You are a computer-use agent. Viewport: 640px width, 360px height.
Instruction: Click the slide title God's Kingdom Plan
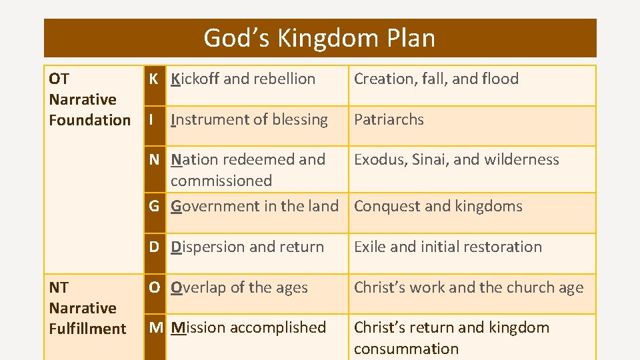(x=319, y=38)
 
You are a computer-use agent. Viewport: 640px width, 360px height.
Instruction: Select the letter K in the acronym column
(x=153, y=79)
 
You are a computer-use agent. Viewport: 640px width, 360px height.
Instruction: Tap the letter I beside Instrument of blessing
(x=152, y=119)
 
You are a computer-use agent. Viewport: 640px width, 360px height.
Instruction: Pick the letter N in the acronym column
(x=154, y=159)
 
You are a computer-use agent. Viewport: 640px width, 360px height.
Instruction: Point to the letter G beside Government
(x=154, y=206)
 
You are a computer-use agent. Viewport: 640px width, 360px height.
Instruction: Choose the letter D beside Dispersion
(x=154, y=247)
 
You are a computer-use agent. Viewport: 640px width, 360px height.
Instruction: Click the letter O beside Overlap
(x=154, y=287)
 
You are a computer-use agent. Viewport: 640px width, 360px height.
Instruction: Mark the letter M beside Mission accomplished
(x=155, y=327)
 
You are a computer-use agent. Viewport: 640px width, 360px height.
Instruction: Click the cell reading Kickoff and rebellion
(x=243, y=79)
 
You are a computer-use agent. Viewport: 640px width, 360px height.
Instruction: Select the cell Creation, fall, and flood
(x=436, y=79)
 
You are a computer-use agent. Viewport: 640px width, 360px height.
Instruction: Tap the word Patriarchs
(x=389, y=119)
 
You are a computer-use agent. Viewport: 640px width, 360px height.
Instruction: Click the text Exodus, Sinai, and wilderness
(x=456, y=159)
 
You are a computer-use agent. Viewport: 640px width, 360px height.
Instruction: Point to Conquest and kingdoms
(x=438, y=206)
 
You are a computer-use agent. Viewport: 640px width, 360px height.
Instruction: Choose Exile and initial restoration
(x=447, y=247)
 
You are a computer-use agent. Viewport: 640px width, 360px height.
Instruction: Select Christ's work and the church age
(x=468, y=287)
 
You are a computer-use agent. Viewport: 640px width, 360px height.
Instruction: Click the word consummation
(x=406, y=348)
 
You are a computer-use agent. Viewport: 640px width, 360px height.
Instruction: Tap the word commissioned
(x=221, y=181)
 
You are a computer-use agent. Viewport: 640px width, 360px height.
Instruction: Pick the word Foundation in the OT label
(x=90, y=120)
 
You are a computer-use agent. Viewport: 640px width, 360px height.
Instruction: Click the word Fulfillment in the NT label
(x=87, y=329)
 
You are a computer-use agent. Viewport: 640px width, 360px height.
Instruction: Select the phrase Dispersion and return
(x=247, y=247)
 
